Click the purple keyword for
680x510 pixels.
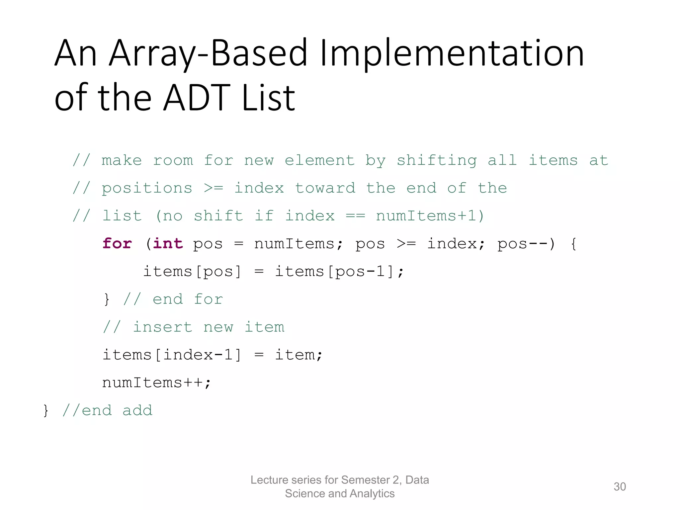point(117,243)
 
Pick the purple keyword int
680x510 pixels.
point(168,243)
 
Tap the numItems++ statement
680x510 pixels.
point(156,383)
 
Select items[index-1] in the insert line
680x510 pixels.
point(171,355)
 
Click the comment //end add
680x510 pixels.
point(107,411)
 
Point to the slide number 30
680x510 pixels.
point(620,486)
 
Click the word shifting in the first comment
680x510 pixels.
point(437,161)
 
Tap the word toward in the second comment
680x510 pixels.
point(325,188)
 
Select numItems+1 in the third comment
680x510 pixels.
point(426,216)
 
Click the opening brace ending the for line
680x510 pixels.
point(573,244)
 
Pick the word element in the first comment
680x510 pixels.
point(319,161)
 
